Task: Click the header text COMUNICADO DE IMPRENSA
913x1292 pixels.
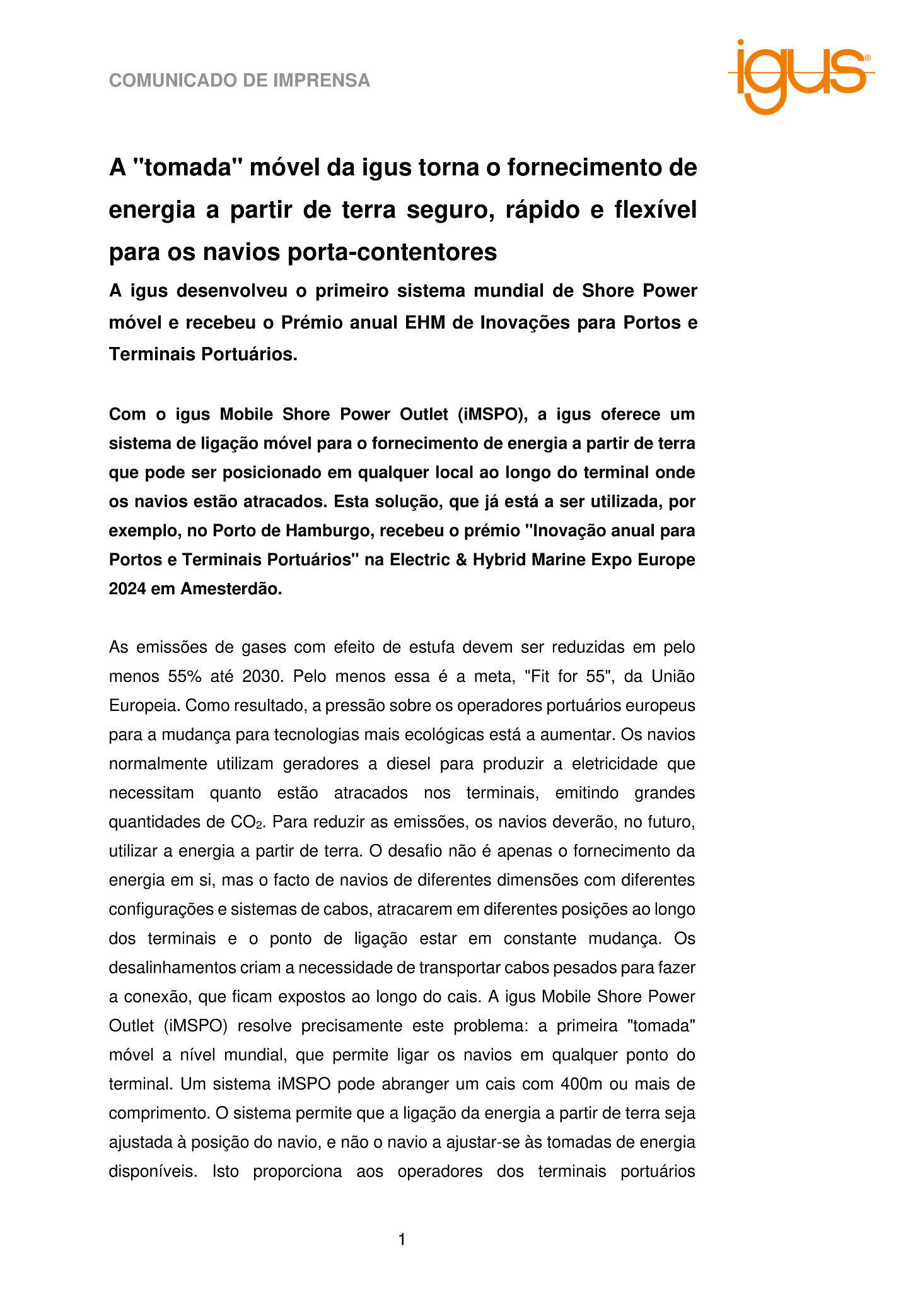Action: [x=240, y=81]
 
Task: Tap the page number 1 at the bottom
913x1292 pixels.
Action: [x=402, y=1240]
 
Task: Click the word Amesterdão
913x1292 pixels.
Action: [x=231, y=589]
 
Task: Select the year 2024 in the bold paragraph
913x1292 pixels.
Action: [x=127, y=589]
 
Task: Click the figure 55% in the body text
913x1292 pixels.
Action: [x=185, y=676]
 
